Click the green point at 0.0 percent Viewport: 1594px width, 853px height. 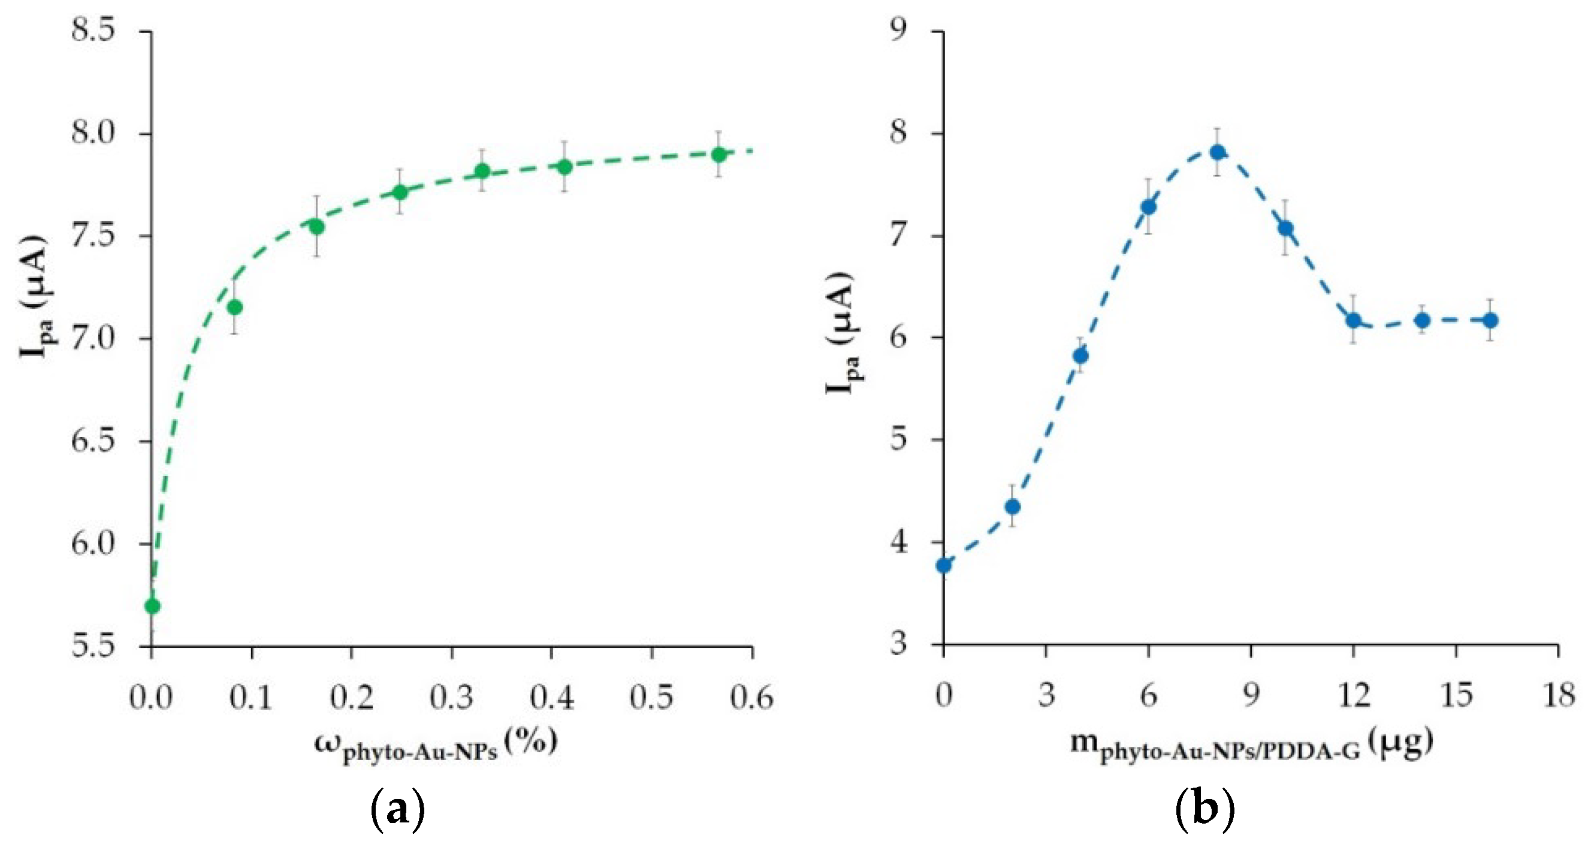tap(152, 606)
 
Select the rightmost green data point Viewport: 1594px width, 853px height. tap(718, 154)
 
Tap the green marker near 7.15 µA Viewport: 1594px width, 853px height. tap(234, 307)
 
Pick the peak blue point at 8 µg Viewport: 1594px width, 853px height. tap(1218, 152)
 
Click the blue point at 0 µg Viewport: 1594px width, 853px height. tap(944, 565)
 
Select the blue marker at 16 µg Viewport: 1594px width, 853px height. tap(1491, 320)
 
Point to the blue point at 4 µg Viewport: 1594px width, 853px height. tap(1081, 356)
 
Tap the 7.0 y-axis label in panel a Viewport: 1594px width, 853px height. tap(93, 338)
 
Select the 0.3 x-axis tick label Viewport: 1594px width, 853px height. tap(452, 698)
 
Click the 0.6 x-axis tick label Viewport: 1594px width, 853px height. tap(751, 698)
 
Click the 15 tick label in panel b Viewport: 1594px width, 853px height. tap(1456, 696)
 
